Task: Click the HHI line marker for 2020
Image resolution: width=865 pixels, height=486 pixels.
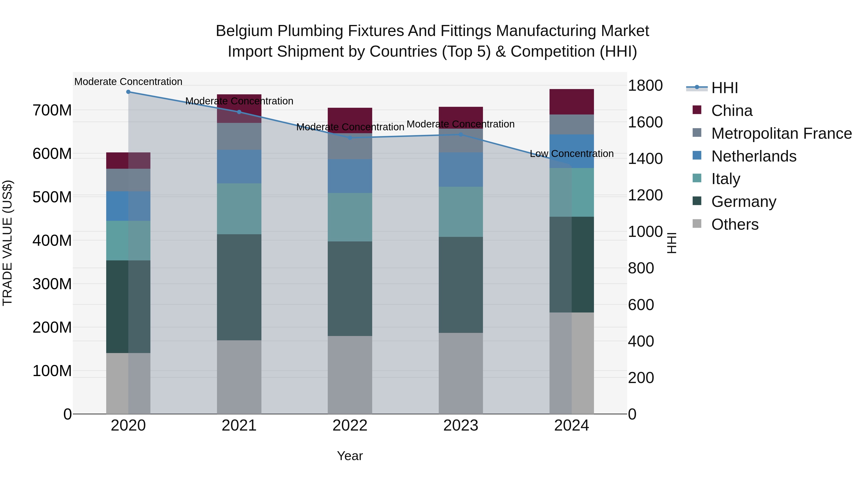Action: (x=128, y=92)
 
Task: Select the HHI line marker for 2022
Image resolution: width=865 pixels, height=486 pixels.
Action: (x=350, y=138)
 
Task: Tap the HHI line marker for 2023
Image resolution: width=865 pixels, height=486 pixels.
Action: (x=461, y=134)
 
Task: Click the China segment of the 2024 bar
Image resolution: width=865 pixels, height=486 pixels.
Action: (x=572, y=102)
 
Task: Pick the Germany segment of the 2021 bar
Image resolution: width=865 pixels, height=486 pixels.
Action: (x=239, y=287)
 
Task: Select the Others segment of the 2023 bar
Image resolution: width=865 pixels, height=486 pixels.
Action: (x=461, y=373)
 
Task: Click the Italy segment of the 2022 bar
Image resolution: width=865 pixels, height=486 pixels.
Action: (x=350, y=217)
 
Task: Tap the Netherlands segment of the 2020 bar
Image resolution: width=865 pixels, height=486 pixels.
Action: (x=128, y=206)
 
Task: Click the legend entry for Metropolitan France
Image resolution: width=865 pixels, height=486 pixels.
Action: (x=781, y=133)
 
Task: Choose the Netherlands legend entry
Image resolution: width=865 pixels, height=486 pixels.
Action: (x=754, y=156)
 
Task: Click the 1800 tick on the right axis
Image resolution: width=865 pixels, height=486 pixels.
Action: (x=645, y=85)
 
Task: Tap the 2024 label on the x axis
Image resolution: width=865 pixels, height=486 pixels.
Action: (x=572, y=426)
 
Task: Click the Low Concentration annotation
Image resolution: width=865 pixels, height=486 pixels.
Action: (x=572, y=154)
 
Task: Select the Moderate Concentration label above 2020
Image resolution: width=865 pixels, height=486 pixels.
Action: (x=128, y=82)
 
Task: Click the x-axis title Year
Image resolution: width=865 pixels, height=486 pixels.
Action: (x=350, y=456)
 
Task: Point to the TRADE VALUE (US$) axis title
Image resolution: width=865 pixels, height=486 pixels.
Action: (x=7, y=243)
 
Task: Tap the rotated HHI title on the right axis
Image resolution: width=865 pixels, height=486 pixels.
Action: (x=671, y=243)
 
